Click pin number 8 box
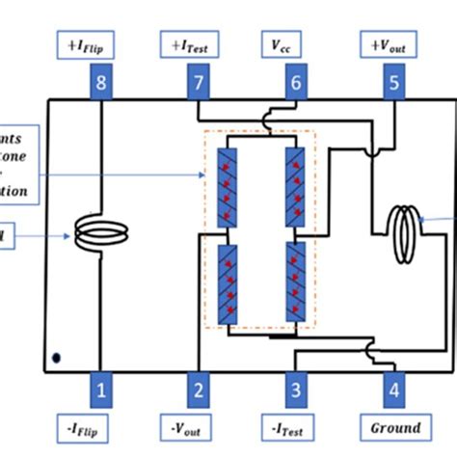[x=100, y=83]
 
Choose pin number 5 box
[x=393, y=83]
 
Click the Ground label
[x=395, y=427]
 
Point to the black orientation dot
[x=57, y=358]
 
